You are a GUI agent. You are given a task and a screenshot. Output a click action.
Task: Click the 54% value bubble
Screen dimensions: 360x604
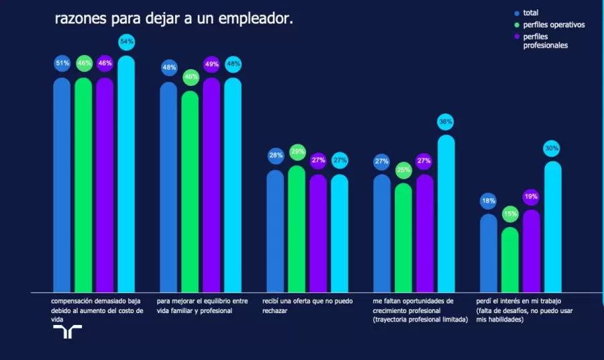(x=126, y=42)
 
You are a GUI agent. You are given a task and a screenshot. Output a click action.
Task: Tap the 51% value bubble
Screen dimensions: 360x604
(x=62, y=64)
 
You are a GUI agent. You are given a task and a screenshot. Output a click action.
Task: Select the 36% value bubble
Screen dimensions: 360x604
(x=446, y=122)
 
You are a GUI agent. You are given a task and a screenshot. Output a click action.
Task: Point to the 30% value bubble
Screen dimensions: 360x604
(x=552, y=148)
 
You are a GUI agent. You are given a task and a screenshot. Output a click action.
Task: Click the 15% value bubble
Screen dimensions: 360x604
(x=510, y=214)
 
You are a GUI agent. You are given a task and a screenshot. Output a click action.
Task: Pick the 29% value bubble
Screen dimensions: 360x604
(x=297, y=152)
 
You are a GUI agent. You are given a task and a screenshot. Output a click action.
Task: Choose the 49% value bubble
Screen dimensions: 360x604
(x=211, y=64)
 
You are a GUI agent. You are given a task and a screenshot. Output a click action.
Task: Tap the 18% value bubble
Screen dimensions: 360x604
(x=489, y=201)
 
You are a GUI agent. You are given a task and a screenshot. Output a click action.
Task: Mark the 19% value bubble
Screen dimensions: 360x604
(x=531, y=197)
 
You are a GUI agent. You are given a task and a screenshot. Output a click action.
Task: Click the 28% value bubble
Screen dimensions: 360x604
(x=275, y=156)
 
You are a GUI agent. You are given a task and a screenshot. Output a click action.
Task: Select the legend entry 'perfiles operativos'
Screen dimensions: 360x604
(x=554, y=25)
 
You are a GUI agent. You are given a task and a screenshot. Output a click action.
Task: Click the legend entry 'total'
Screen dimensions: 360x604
(x=530, y=13)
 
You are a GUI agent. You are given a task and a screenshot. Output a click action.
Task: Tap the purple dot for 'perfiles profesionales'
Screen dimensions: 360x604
(x=517, y=37)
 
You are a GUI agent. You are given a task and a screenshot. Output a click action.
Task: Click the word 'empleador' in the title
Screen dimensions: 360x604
(x=256, y=19)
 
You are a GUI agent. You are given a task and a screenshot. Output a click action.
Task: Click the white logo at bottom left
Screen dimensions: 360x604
(x=67, y=332)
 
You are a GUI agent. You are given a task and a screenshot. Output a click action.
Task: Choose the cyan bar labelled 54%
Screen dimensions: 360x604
(x=126, y=175)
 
